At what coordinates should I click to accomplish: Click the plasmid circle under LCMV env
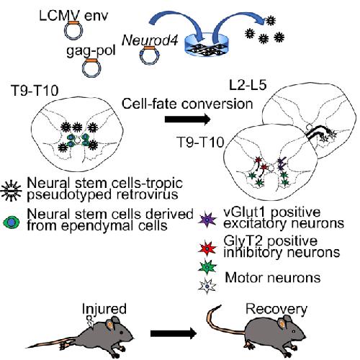point(73,30)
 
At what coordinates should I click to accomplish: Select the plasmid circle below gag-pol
point(91,68)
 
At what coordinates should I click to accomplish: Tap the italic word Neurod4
point(150,40)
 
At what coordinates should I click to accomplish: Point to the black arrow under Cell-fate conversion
point(187,120)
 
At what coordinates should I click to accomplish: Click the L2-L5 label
point(248,85)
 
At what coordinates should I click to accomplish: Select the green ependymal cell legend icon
point(12,222)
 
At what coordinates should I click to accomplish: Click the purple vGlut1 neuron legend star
point(208,219)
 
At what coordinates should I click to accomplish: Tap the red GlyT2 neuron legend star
point(208,248)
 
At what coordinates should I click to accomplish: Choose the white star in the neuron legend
point(207,286)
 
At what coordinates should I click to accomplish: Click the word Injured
point(104,309)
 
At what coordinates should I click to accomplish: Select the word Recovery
point(276,310)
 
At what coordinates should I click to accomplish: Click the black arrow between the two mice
point(174,333)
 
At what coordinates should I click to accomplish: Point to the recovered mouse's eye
point(294,331)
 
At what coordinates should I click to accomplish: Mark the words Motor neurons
point(273,278)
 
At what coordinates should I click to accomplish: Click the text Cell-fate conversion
point(187,104)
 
